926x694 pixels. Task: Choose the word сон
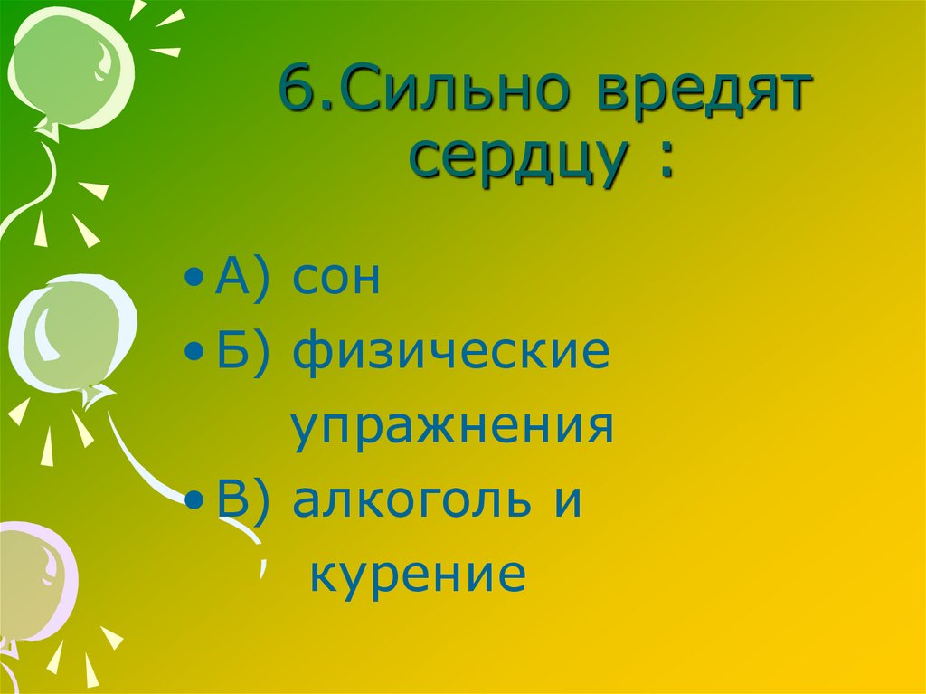pos(335,280)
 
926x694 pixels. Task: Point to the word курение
pos(417,574)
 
